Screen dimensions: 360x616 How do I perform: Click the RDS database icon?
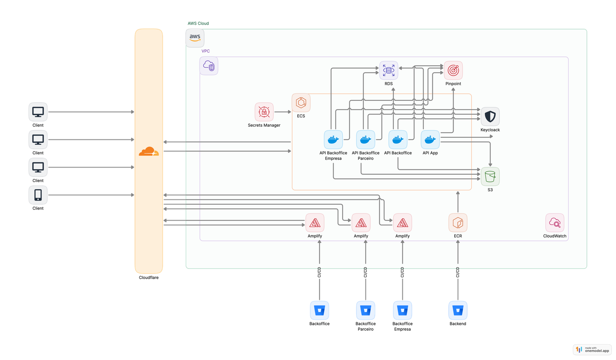(x=388, y=70)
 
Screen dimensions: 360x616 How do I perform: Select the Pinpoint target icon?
(x=453, y=70)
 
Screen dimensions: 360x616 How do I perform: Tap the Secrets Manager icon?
(x=264, y=112)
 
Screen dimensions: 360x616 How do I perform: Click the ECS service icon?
(x=301, y=103)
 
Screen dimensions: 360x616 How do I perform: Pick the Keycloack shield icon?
(x=490, y=117)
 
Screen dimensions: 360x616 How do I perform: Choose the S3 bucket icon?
(x=490, y=177)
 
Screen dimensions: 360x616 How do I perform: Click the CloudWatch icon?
(x=555, y=223)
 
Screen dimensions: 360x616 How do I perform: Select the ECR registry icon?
(x=458, y=223)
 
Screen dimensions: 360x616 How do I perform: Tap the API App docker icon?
(x=430, y=140)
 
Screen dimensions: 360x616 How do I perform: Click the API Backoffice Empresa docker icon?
(x=333, y=140)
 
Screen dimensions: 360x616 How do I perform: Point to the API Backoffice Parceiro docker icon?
(x=365, y=140)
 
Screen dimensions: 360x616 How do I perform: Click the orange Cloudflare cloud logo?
(x=149, y=152)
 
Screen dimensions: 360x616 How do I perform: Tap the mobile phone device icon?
(x=38, y=195)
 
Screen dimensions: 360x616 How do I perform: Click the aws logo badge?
(x=195, y=38)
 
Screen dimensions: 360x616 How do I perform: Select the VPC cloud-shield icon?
(x=209, y=66)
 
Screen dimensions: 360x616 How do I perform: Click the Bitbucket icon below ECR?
(x=458, y=311)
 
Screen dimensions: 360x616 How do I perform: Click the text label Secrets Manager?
(x=264, y=125)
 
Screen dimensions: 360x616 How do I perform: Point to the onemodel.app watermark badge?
(x=592, y=350)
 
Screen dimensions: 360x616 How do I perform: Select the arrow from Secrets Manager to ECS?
(x=283, y=112)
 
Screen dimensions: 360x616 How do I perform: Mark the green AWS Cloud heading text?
(x=198, y=23)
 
